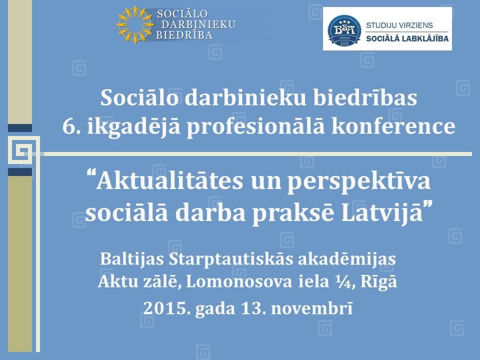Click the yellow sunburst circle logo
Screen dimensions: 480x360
click(x=134, y=24)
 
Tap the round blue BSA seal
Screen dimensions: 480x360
click(x=344, y=30)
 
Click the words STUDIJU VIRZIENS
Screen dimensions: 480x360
click(x=399, y=25)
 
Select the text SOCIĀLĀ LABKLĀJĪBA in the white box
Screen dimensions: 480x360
click(x=407, y=38)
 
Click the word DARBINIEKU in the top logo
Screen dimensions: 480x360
click(x=198, y=24)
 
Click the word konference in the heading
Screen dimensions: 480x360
click(x=393, y=126)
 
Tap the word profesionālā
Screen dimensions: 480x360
click(x=255, y=127)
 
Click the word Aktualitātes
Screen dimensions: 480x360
click(x=169, y=180)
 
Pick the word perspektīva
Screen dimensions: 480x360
click(x=359, y=182)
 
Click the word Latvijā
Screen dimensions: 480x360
click(x=382, y=213)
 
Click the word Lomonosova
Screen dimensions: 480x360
click(x=239, y=281)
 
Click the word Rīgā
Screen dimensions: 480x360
click(x=378, y=282)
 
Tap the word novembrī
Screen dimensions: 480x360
click(x=312, y=308)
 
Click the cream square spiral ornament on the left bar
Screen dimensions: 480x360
click(x=24, y=150)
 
